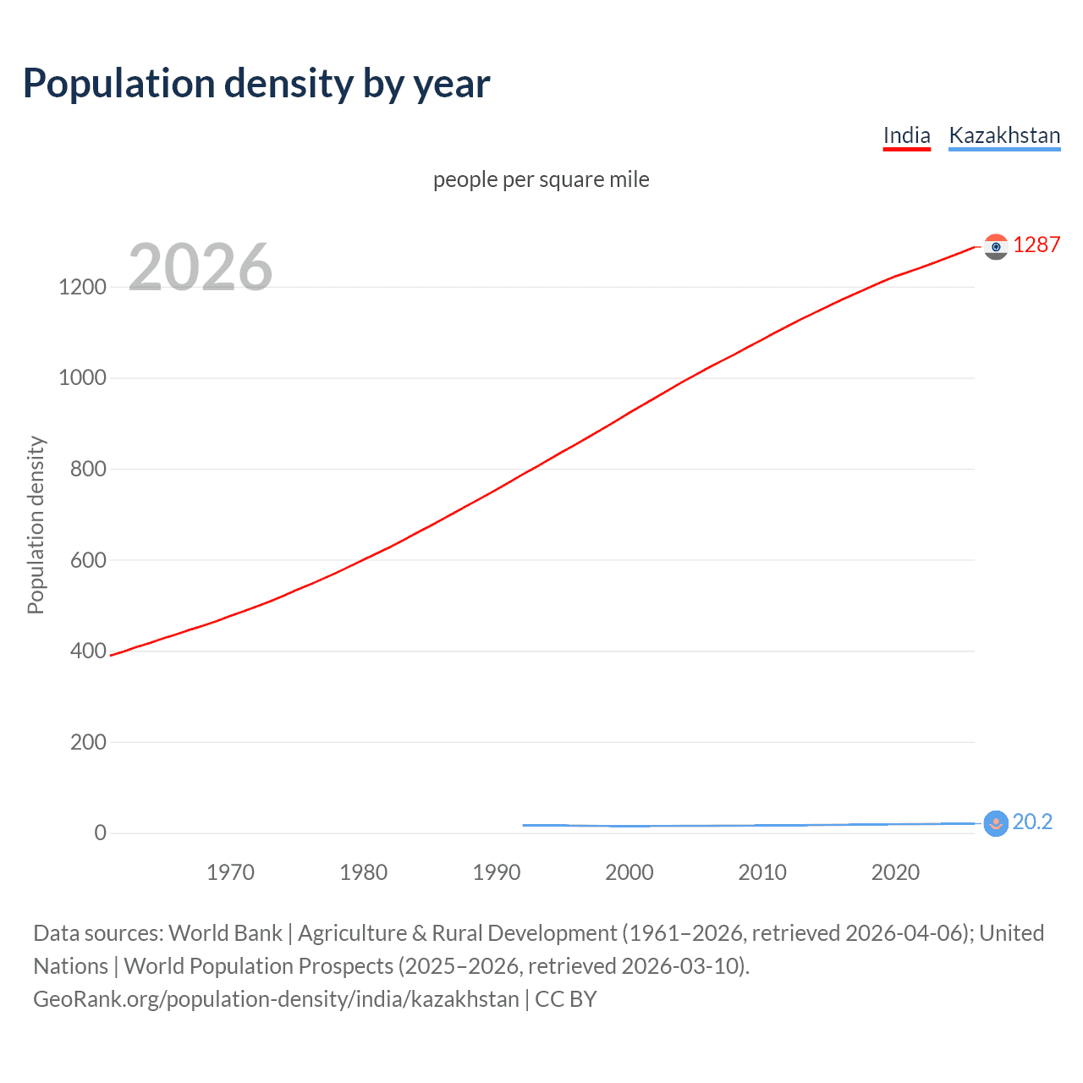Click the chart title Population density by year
tap(256, 84)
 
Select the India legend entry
tap(906, 135)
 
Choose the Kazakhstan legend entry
tap(1004, 135)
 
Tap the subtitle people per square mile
tap(541, 179)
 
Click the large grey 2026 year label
tap(201, 267)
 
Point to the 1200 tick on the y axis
tap(82, 287)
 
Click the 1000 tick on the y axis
tap(82, 377)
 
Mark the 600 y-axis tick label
tap(88, 560)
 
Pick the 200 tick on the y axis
tap(88, 742)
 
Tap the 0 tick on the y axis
tap(101, 833)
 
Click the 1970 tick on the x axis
tap(230, 872)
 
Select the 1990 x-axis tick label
tap(497, 872)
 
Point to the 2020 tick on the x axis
tap(895, 872)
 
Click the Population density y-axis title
tap(36, 525)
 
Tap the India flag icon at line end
tap(996, 246)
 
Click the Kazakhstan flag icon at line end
tap(996, 823)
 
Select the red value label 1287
tap(1036, 245)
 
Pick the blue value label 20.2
tap(1032, 822)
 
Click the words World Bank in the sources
tap(225, 933)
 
